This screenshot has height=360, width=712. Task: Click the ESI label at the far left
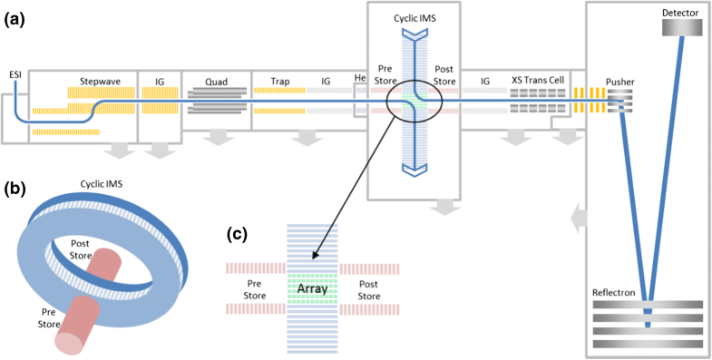[x=15, y=73]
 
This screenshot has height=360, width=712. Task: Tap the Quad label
[x=216, y=81]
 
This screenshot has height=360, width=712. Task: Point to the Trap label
[x=280, y=82]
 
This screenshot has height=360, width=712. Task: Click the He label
[x=360, y=80]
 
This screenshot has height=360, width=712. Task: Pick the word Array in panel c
[x=311, y=288]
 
